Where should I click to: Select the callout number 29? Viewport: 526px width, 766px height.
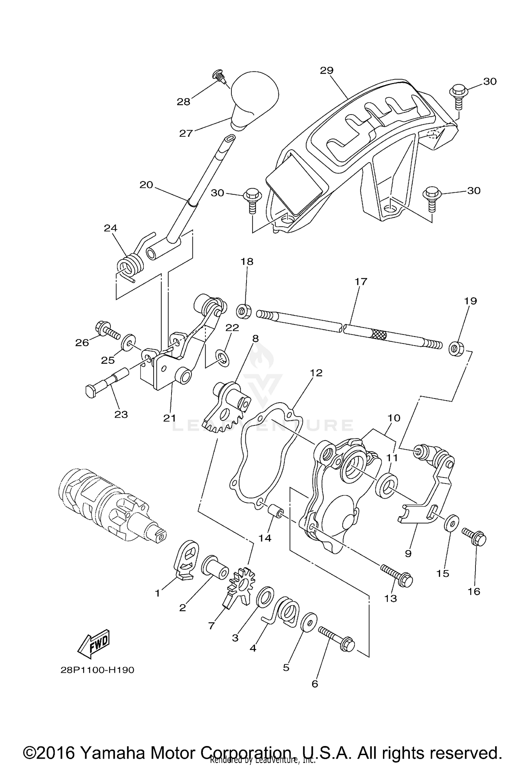[x=326, y=70]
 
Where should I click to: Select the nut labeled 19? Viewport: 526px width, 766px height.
[x=456, y=348]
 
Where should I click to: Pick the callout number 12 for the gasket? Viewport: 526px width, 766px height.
[x=316, y=373]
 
